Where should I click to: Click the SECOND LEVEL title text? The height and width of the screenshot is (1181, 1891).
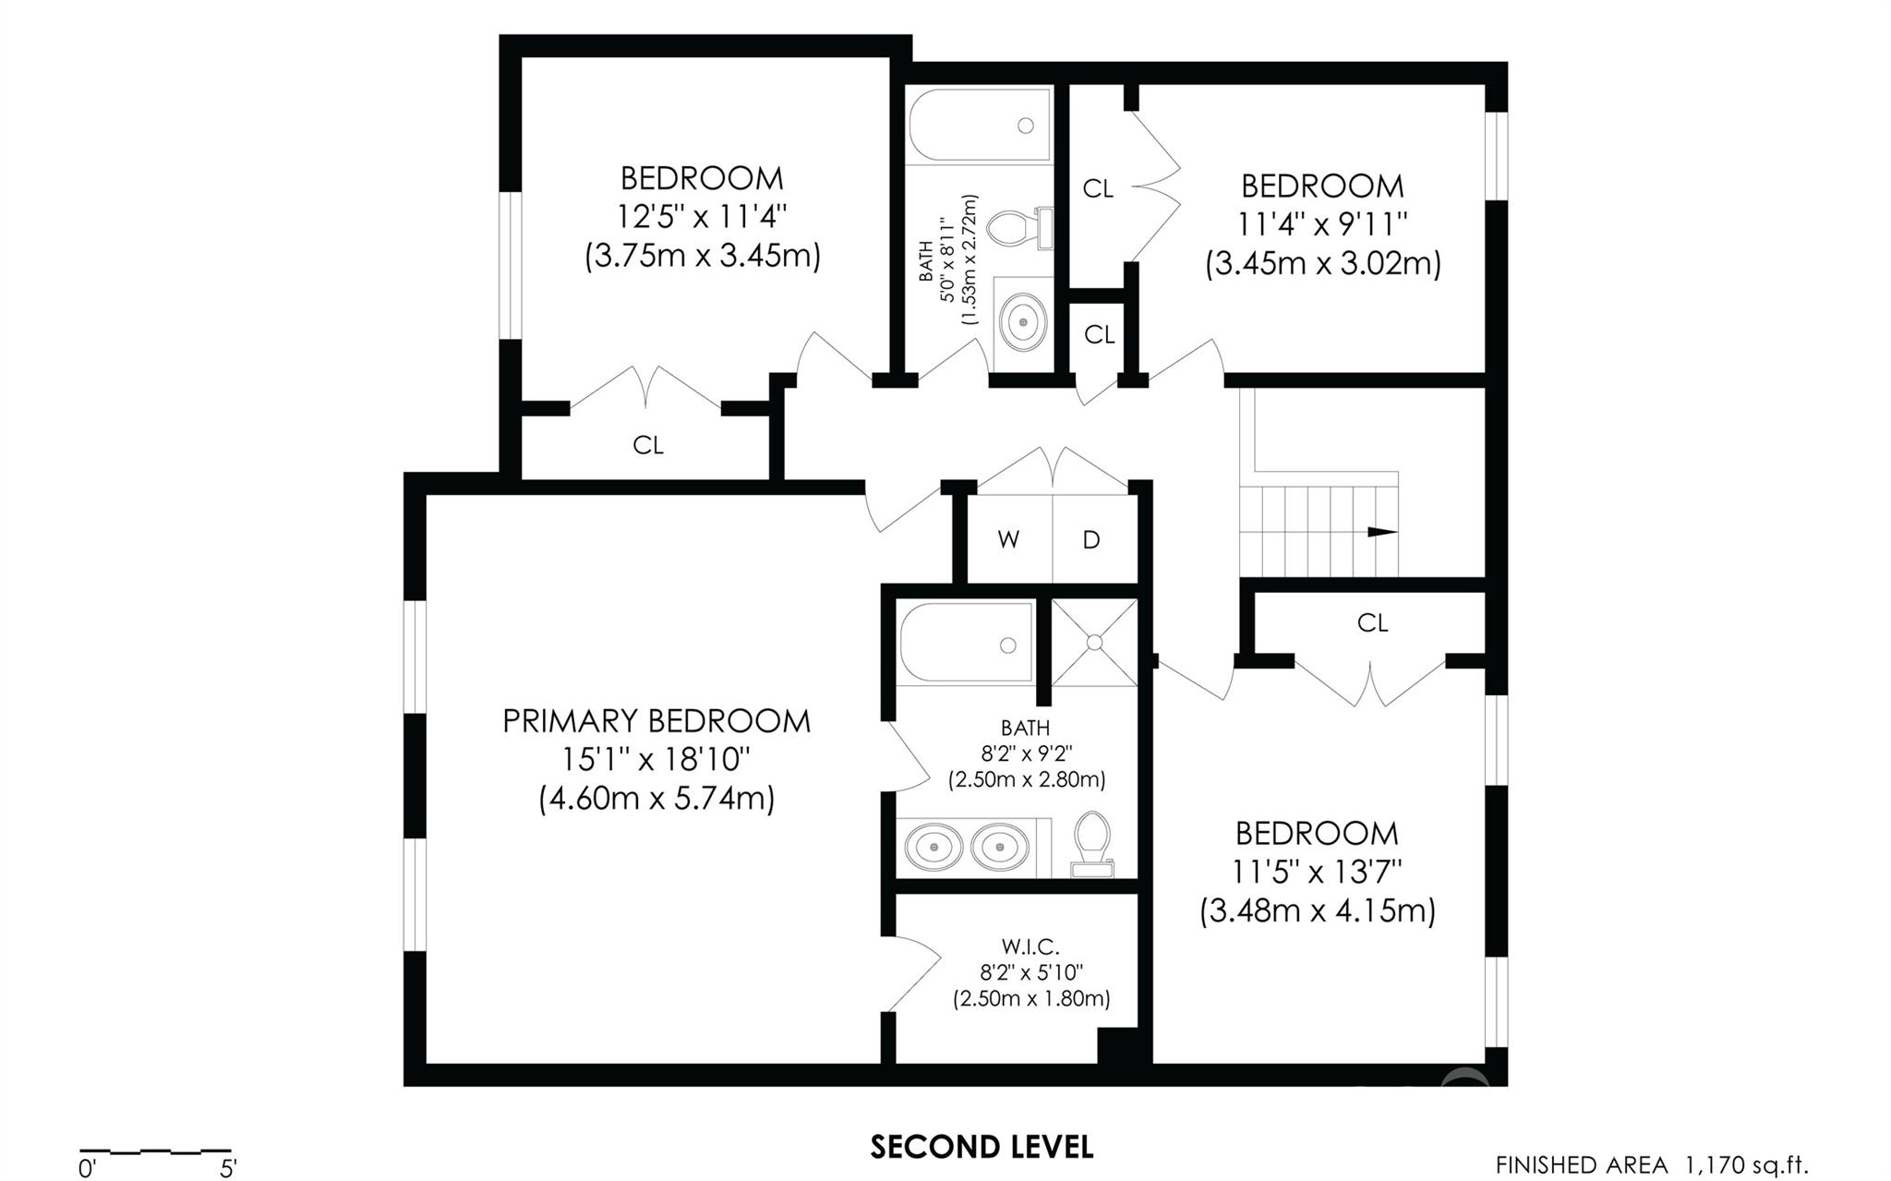tap(982, 1147)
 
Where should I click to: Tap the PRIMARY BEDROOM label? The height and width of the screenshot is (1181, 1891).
tap(656, 721)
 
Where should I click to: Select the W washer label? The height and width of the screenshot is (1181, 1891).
tap(1008, 540)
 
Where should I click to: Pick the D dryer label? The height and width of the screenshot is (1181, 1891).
tap(1091, 540)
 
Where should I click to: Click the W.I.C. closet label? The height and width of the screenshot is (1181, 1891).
tap(1030, 946)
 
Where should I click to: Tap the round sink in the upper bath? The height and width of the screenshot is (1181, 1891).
tap(1023, 322)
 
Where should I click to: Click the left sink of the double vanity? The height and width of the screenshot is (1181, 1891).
tap(933, 845)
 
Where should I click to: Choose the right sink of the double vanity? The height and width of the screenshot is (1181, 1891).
tap(1001, 845)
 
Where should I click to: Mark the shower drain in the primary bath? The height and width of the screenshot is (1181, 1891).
tap(1095, 642)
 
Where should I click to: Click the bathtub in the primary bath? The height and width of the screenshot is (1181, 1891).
tap(967, 643)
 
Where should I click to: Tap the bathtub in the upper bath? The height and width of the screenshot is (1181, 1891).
tap(980, 126)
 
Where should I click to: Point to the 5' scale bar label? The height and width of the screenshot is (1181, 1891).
tap(228, 1169)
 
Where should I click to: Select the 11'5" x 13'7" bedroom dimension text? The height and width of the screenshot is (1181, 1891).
tap(1318, 872)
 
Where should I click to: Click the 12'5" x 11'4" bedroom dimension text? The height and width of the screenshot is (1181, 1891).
tap(702, 217)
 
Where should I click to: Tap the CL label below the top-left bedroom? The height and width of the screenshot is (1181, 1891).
tap(648, 445)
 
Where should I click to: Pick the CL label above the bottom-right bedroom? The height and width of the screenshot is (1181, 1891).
tap(1373, 623)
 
